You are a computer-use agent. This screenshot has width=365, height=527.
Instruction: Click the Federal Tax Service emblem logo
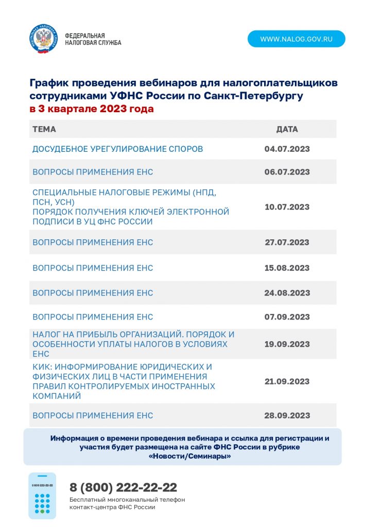coord(43,39)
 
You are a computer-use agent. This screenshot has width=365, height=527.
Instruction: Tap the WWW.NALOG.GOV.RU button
coord(296,39)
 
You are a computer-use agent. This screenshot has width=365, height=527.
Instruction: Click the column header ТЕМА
coord(44,129)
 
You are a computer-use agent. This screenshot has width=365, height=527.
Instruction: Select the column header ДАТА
coord(287,129)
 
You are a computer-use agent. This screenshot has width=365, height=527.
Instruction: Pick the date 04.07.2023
coord(287,149)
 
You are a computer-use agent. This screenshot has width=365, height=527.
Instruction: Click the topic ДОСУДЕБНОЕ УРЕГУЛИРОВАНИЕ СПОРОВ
coord(117,149)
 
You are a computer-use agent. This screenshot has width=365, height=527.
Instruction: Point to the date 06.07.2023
coord(287,172)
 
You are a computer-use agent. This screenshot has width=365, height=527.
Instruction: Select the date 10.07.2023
coord(287,207)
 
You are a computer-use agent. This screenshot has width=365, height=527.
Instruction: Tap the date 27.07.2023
coord(287,242)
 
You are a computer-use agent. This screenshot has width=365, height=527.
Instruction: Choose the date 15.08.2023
coord(287,268)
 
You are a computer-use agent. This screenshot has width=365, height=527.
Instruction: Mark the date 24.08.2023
coord(287,293)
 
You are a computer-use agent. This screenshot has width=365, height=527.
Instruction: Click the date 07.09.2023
coord(287,317)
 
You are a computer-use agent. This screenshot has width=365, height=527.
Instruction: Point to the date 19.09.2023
coord(287,344)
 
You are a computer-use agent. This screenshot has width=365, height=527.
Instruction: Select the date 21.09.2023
coord(287,381)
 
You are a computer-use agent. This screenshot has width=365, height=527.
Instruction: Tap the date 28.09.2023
coord(287,415)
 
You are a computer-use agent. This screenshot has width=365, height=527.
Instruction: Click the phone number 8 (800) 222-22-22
coord(123,487)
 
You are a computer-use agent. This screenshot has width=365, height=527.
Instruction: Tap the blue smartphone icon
coord(42,496)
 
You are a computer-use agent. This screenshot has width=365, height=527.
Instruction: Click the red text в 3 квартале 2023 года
coord(92,109)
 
